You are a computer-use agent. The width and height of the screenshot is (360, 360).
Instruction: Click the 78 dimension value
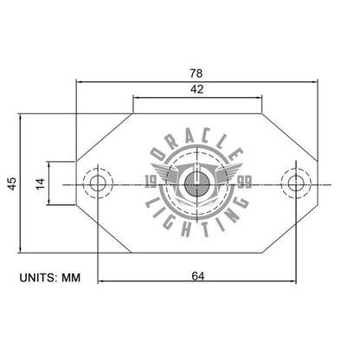coord(197,74)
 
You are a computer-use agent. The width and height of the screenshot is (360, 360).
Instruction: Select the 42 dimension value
coord(197,89)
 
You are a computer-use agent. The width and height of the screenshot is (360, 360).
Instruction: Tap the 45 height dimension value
coord(10,183)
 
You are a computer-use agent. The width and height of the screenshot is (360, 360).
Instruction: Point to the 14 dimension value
coord(38,183)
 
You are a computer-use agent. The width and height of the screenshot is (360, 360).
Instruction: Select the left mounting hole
coord(97,183)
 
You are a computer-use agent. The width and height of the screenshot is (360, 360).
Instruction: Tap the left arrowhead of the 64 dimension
coord(101,282)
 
